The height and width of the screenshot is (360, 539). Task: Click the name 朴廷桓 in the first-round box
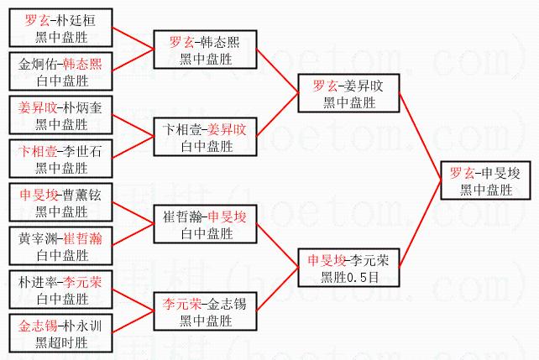(x=73, y=20)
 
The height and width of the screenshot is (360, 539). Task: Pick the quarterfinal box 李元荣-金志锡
(x=205, y=310)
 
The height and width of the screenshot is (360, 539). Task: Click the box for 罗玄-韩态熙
(x=205, y=50)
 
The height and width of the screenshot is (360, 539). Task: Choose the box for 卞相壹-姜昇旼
(x=205, y=137)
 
